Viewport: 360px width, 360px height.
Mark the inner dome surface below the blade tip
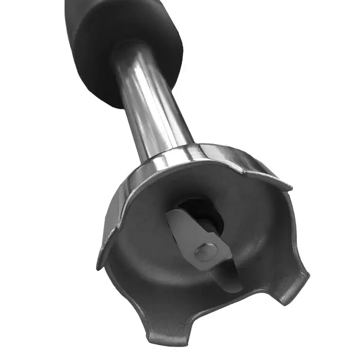(x=226, y=303)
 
